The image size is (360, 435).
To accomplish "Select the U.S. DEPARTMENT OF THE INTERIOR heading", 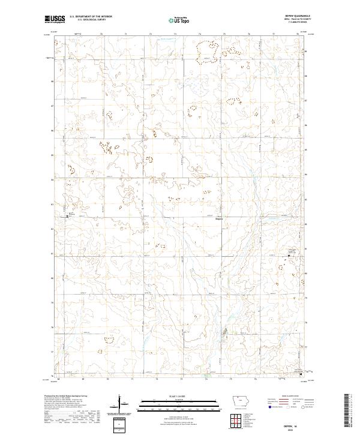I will [90, 17].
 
